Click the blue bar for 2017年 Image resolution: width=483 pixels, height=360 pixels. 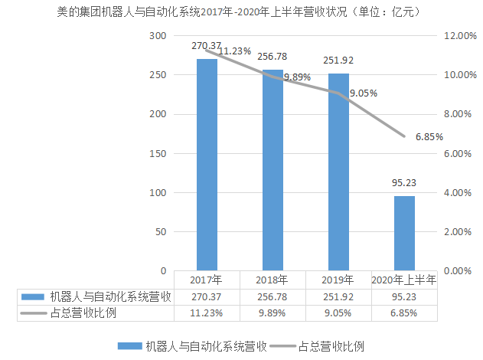[x=207, y=165]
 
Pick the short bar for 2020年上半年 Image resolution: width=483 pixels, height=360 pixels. [x=404, y=234]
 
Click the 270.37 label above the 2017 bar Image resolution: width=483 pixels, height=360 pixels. [x=206, y=46]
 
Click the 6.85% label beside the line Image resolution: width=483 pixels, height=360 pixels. [x=429, y=136]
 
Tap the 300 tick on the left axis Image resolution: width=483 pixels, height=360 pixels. [x=158, y=36]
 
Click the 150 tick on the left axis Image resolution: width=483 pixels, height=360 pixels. [x=158, y=153]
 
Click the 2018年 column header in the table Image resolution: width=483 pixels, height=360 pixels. [x=273, y=280]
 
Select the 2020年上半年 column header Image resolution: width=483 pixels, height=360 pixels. [x=404, y=280]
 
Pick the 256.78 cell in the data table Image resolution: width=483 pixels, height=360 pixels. [x=273, y=296]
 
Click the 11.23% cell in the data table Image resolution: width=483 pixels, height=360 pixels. [x=207, y=313]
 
